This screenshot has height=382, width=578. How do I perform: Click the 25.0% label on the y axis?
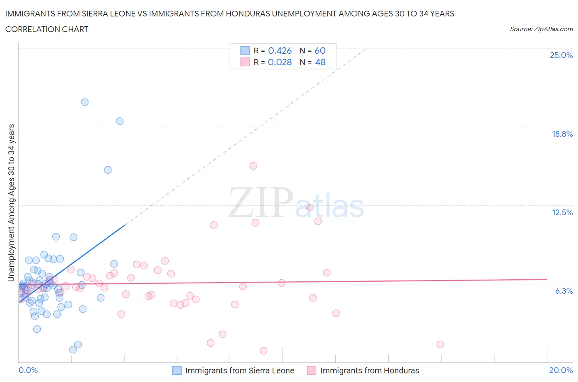pos(561,55)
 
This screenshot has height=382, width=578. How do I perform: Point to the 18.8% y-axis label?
pos(562,134)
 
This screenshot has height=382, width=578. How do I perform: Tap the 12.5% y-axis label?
pos(562,212)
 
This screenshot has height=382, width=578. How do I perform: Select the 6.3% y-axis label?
pos(564,291)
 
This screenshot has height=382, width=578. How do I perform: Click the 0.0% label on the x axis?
pos(28,370)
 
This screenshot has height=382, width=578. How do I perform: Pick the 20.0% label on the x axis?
pos(561,370)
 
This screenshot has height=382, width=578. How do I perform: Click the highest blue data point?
pos(85,102)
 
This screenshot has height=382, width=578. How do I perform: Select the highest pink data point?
pos(253,166)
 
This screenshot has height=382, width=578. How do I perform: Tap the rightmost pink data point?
pos(440,345)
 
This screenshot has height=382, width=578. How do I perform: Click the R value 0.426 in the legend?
pos(280,51)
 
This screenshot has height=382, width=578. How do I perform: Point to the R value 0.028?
pos(280,62)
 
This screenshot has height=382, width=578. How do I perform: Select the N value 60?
pos(320,51)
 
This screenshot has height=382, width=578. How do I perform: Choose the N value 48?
pos(320,62)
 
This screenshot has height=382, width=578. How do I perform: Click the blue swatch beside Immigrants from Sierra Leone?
pos(177,370)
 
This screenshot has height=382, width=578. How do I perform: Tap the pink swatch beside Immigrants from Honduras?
pos(312,370)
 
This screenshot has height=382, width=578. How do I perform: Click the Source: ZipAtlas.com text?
pos(541,29)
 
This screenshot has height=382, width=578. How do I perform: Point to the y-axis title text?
pos(12,203)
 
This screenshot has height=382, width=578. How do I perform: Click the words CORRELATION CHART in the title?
pos(47,29)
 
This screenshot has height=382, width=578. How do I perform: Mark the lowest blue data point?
pos(73,350)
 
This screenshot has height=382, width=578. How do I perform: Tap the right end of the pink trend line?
pos(547,279)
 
